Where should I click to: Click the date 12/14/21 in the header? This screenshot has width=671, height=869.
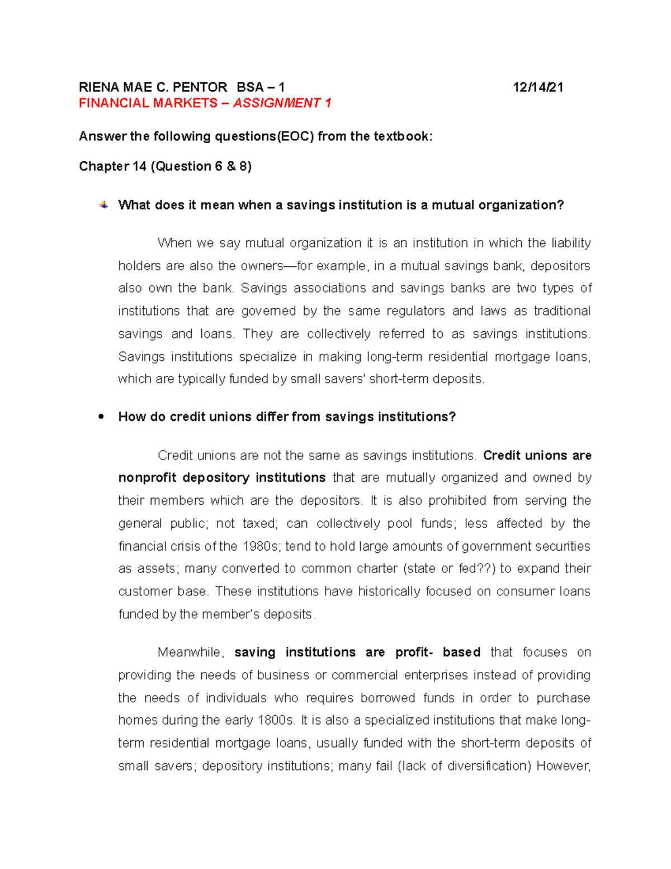[x=538, y=87]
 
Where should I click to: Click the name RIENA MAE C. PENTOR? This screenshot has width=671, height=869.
[x=153, y=87]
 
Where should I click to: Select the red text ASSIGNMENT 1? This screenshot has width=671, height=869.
[x=282, y=103]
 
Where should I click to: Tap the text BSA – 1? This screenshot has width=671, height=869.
[x=261, y=87]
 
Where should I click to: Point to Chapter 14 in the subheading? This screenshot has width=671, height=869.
[x=112, y=166]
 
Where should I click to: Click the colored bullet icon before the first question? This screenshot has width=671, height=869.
[x=104, y=205]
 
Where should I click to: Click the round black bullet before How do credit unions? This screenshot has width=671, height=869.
[x=101, y=417]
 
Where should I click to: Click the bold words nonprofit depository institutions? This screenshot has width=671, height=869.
[x=222, y=478]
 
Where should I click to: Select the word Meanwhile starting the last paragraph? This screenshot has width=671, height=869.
[x=191, y=652]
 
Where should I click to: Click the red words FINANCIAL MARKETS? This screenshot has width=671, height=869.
[x=148, y=103]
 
